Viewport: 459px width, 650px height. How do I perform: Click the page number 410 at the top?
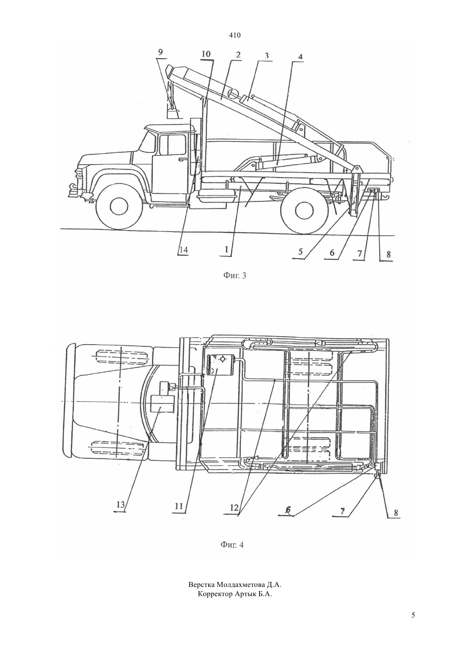pyautogui.click(x=235, y=36)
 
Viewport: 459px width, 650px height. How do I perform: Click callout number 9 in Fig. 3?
pyautogui.click(x=161, y=52)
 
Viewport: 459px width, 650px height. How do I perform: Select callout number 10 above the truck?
pyautogui.click(x=206, y=54)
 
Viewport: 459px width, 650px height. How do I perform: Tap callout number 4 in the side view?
pyautogui.click(x=300, y=56)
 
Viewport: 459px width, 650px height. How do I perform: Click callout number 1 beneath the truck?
pyautogui.click(x=227, y=250)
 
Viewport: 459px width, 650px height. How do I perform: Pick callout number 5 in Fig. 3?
pyautogui.click(x=300, y=251)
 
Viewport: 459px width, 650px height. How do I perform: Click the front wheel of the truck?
pyautogui.click(x=119, y=207)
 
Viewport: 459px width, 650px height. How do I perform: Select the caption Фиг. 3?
pyautogui.click(x=235, y=275)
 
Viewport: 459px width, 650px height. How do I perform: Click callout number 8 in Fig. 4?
pyautogui.click(x=396, y=513)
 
